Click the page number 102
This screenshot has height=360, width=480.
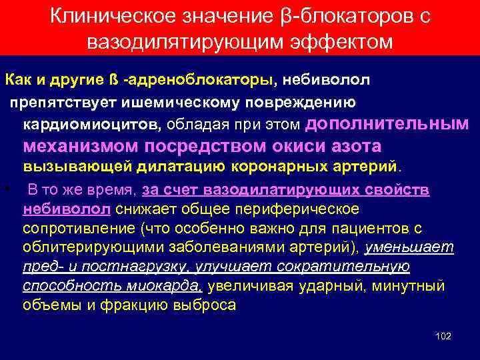(x=443, y=336)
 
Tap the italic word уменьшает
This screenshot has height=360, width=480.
(x=416, y=248)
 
